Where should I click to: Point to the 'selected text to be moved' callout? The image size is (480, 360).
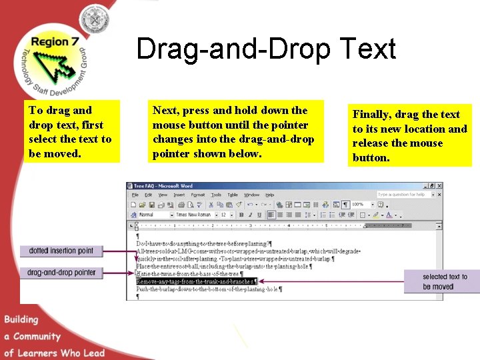[x=445, y=281]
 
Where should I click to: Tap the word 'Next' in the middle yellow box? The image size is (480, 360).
[x=165, y=111]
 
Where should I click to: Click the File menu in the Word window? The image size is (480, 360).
[x=135, y=195]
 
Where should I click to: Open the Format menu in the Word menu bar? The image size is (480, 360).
[x=197, y=195]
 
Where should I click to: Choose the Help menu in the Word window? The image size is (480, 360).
[x=269, y=195]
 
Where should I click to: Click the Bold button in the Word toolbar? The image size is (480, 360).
[x=241, y=215]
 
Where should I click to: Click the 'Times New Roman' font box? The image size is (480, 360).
[x=195, y=215]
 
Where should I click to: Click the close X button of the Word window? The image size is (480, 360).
[x=439, y=186]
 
